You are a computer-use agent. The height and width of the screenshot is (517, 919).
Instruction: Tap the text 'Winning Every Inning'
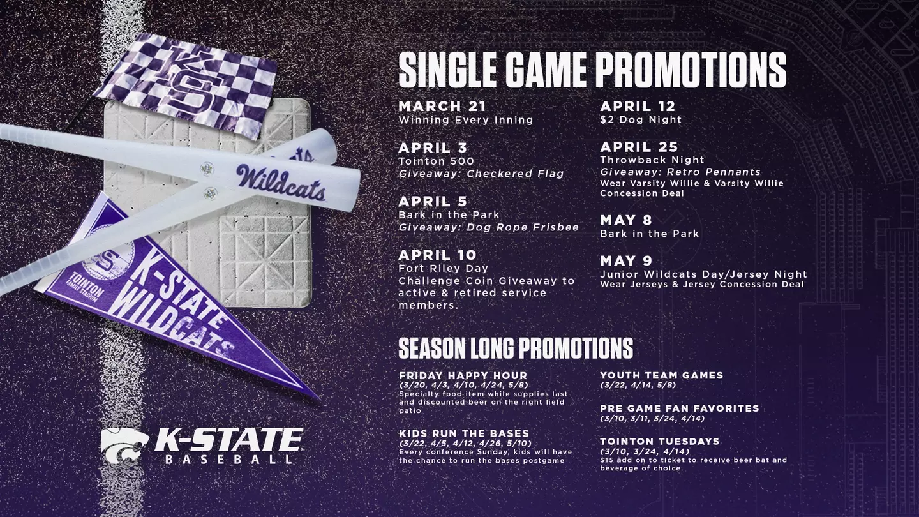(465, 120)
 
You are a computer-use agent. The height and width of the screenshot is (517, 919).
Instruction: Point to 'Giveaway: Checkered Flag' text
(481, 174)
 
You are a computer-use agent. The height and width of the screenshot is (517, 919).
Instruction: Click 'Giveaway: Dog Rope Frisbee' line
(488, 227)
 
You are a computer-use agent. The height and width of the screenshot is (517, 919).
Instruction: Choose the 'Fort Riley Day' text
(443, 268)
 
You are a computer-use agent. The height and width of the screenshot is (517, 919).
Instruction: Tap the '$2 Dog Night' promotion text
(641, 120)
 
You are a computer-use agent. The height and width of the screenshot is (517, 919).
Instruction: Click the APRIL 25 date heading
(639, 147)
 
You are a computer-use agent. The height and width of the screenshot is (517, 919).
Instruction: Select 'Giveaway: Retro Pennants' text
(680, 172)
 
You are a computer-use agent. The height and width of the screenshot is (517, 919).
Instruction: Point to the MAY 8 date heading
(625, 220)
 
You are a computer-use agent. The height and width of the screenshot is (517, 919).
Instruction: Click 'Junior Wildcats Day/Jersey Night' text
(703, 274)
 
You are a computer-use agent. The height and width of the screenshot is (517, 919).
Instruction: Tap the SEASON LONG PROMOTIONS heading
(515, 348)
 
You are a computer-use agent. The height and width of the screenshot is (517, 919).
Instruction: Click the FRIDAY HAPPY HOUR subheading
(463, 375)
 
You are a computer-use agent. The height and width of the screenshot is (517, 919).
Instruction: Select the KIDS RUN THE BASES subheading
(463, 434)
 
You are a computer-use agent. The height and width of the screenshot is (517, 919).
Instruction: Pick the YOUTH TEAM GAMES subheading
(661, 375)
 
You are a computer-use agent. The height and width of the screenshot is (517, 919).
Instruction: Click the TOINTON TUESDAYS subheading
(659, 441)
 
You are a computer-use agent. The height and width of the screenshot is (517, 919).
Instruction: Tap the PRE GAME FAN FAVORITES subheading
(679, 408)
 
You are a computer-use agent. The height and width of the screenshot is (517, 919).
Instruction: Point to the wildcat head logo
(124, 444)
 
